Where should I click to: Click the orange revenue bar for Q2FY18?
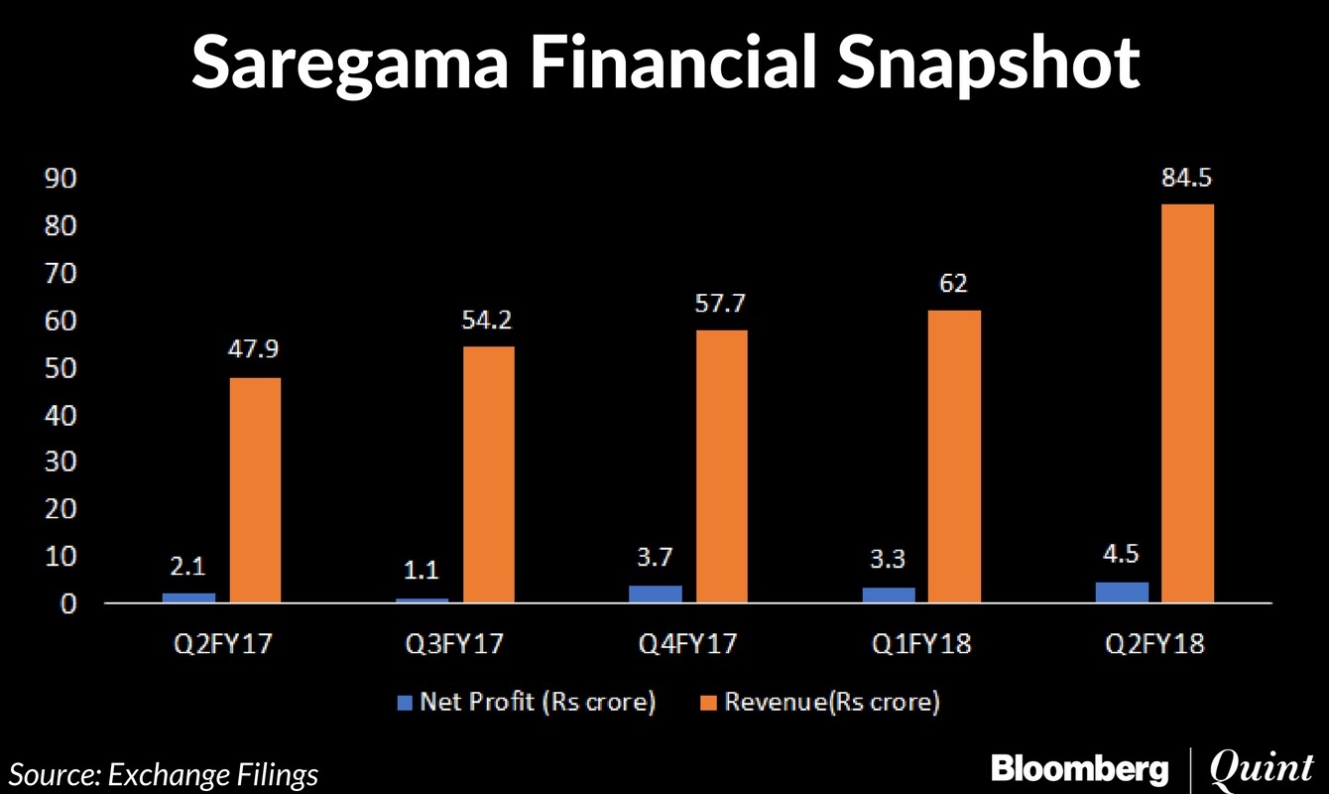pyautogui.click(x=1188, y=402)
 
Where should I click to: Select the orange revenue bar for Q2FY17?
pyautogui.click(x=255, y=489)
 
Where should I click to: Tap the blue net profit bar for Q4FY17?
pyautogui.click(x=670, y=593)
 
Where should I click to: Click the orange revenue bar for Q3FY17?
pyautogui.click(x=489, y=473)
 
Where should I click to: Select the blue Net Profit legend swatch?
pyautogui.click(x=404, y=703)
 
